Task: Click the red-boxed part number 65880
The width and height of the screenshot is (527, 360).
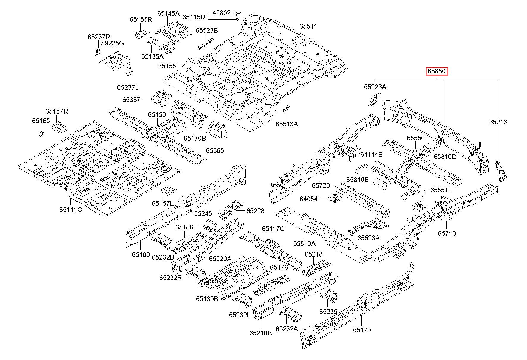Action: [x=436, y=71]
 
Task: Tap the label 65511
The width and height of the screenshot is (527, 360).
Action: [x=308, y=26]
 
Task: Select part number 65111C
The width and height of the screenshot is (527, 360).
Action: [x=70, y=210]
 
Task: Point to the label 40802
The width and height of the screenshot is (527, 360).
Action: [x=222, y=13]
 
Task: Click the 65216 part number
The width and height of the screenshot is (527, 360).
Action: [x=498, y=122]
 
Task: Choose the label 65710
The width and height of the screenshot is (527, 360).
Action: [x=447, y=233]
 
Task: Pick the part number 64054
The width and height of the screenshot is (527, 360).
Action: [x=308, y=199]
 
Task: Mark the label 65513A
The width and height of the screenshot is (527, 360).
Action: [x=287, y=124]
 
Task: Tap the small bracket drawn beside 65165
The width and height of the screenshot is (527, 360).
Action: [x=41, y=133]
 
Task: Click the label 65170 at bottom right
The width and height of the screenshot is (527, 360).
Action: [x=362, y=330]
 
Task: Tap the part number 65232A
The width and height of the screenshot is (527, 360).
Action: [x=287, y=328]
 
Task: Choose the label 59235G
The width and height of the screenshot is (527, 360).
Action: [x=112, y=43]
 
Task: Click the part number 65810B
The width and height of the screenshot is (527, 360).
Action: [x=357, y=180]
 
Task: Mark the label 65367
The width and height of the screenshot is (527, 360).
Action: [x=131, y=100]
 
